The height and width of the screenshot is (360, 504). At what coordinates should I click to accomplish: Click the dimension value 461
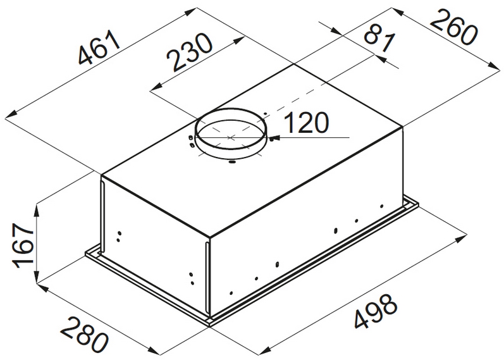tap(100, 47)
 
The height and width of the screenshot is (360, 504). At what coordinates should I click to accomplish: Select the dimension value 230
tap(190, 51)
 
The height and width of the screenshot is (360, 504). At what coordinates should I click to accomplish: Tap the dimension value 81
tap(379, 39)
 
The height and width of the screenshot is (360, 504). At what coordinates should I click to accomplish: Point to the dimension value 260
tap(453, 27)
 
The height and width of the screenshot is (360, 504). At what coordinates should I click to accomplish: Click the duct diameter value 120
tap(307, 123)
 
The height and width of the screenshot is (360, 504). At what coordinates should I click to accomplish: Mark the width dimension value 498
tap(376, 311)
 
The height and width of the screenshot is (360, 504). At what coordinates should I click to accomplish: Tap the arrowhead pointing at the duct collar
tap(275, 138)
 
